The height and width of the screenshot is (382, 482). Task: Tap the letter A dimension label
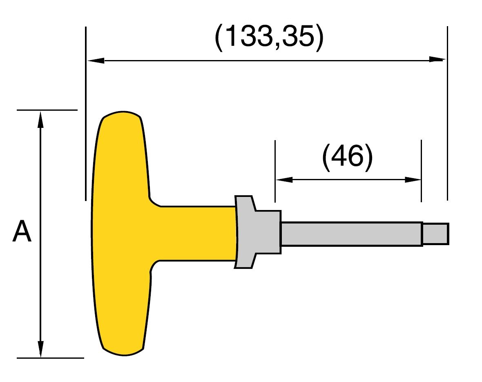[x=22, y=231]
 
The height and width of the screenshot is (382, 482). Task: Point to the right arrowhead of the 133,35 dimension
[x=437, y=60]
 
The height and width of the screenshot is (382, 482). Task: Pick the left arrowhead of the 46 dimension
[x=284, y=180]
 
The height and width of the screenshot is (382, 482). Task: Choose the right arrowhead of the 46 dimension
[x=413, y=180]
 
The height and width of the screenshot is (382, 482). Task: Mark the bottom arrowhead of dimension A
[x=40, y=348]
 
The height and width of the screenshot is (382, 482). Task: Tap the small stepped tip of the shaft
[x=435, y=234]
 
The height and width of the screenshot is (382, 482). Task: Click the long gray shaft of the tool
[x=351, y=234]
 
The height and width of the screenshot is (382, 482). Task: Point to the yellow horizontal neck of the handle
[x=196, y=233]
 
